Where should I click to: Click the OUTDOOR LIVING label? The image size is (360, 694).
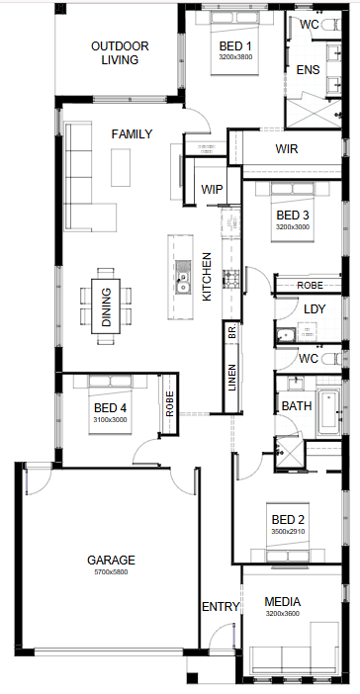point(120,52)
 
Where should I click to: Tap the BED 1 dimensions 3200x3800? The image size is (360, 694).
point(235,57)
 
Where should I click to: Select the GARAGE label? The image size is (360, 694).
point(111,560)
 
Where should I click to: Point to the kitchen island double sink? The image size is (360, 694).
point(182,278)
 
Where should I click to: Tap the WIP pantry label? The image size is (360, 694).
point(212,189)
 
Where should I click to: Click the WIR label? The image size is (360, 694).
point(287,148)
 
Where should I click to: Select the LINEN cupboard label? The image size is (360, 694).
point(232,377)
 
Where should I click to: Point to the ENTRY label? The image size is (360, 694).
point(221,606)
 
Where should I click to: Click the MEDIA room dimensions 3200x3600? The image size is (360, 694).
point(283,614)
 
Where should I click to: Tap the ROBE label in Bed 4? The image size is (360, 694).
point(169,403)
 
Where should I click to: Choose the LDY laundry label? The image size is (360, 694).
point(315,308)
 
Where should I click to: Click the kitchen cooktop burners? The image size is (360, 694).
point(230,279)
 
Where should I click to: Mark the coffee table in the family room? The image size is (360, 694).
point(121,167)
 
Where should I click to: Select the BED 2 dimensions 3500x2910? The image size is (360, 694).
point(288,531)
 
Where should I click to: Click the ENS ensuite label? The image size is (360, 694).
point(309,69)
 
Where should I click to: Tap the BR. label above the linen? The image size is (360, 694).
point(232,332)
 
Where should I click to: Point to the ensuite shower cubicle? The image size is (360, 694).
point(313,114)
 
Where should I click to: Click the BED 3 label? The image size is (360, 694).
point(293,216)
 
